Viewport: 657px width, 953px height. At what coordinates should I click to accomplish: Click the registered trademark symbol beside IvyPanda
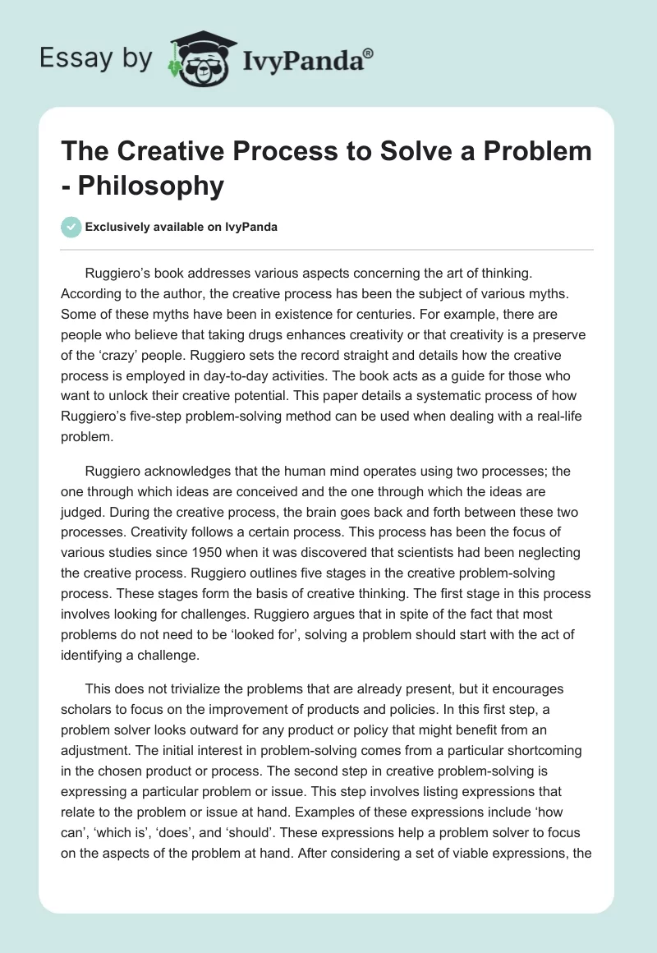(369, 53)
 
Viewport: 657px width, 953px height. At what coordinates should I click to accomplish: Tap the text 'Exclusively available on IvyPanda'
(181, 227)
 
